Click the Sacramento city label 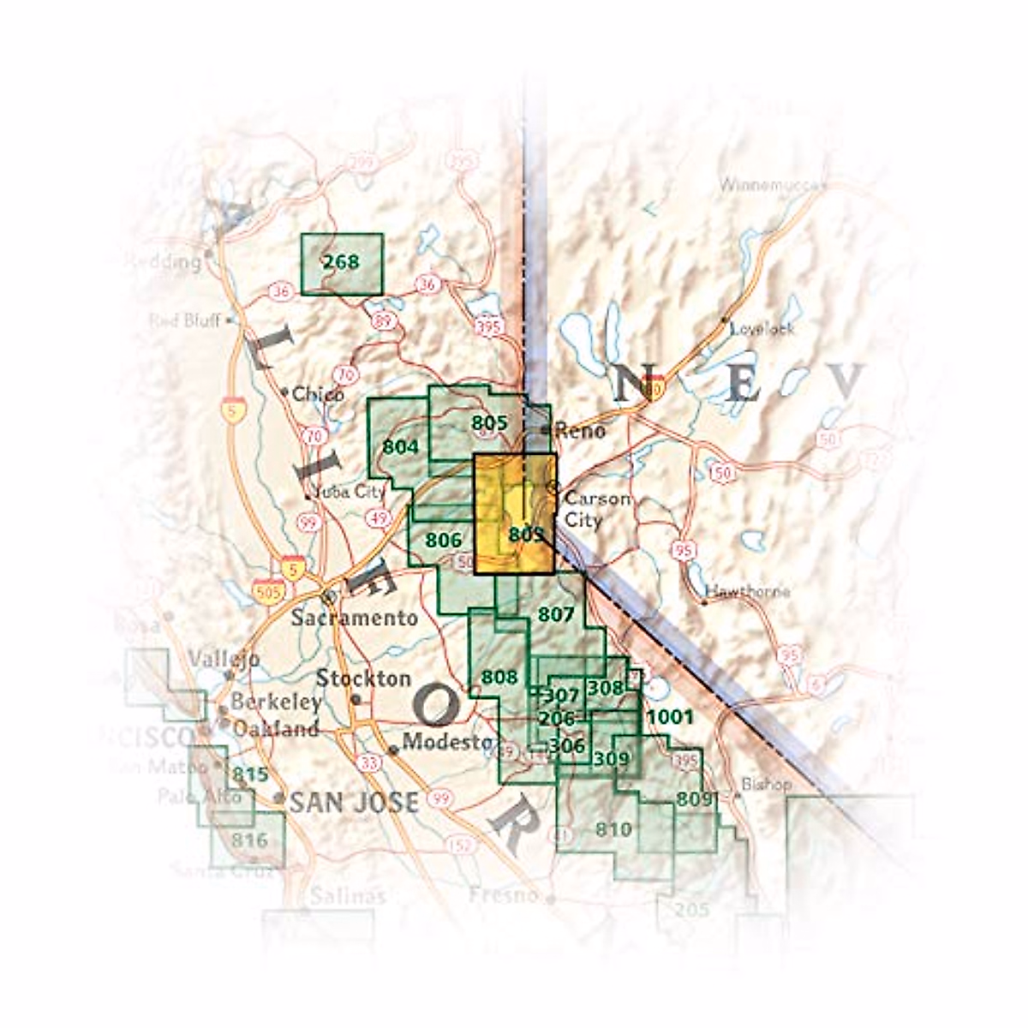pyautogui.click(x=354, y=618)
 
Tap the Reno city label pyautogui.click(x=580, y=430)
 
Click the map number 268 pyautogui.click(x=341, y=261)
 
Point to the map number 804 pyautogui.click(x=400, y=446)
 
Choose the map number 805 pyautogui.click(x=489, y=422)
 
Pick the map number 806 pyautogui.click(x=443, y=540)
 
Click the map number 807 pyautogui.click(x=555, y=613)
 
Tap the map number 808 pyautogui.click(x=499, y=677)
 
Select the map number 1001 pyautogui.click(x=670, y=716)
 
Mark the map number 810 pyautogui.click(x=613, y=829)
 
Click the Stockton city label pyautogui.click(x=363, y=678)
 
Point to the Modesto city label pyautogui.click(x=448, y=742)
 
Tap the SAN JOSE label pyautogui.click(x=354, y=802)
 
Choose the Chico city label pyautogui.click(x=318, y=394)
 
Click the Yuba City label pyautogui.click(x=349, y=493)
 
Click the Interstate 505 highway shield pyautogui.click(x=268, y=590)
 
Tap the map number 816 pyautogui.click(x=249, y=840)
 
